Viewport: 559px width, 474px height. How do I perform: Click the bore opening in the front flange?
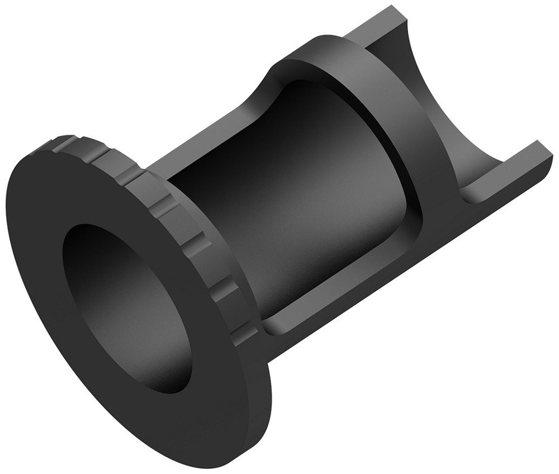126,307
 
